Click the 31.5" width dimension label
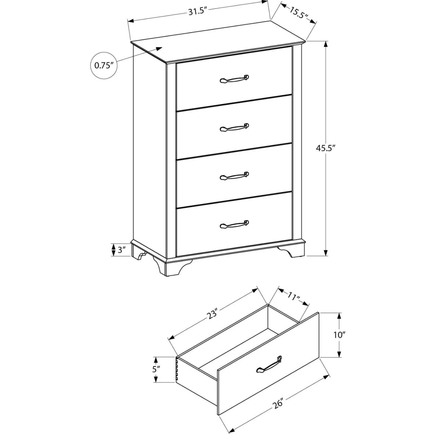[x=198, y=11]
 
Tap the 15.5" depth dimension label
[x=299, y=13]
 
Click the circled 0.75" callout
[x=104, y=65]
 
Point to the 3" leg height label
[x=121, y=250]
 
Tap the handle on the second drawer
[x=234, y=127]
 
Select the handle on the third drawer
[x=234, y=176]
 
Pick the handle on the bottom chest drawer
[x=234, y=224]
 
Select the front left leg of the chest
[x=172, y=268]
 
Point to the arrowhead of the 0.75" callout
[x=159, y=49]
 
